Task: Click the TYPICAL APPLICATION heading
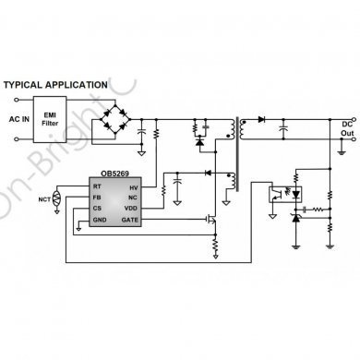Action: point(56,85)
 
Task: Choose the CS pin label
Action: point(97,210)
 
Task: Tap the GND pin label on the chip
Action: point(100,221)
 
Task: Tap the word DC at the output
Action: point(346,123)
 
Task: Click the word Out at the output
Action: point(346,134)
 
